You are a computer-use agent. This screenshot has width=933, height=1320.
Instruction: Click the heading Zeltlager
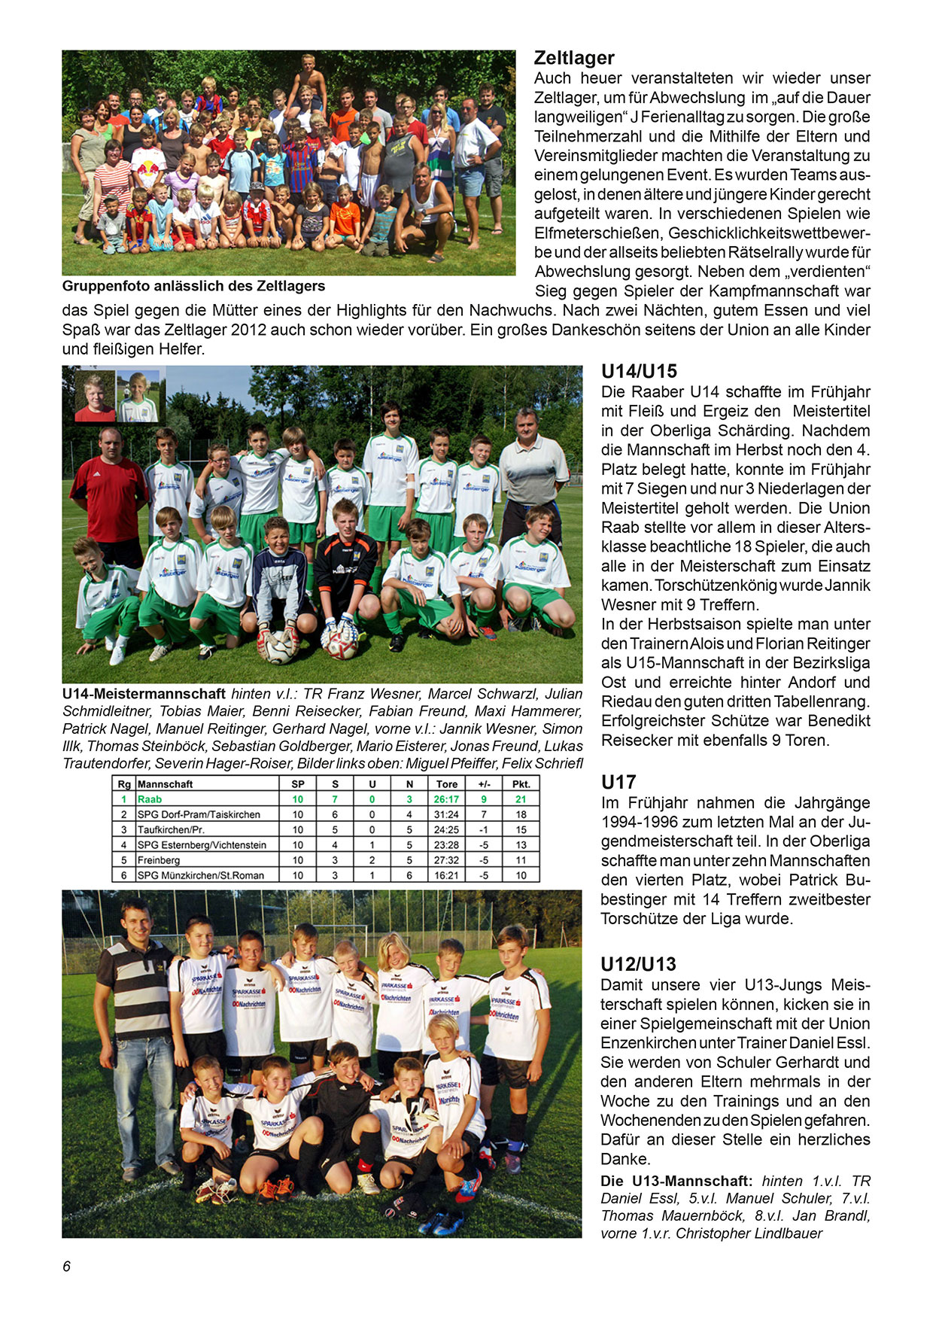point(574,58)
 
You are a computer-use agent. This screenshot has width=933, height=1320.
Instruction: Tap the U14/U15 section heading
point(639,371)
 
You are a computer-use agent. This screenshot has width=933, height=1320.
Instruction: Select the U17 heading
point(618,782)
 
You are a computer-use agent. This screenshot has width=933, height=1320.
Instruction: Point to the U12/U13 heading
point(638,964)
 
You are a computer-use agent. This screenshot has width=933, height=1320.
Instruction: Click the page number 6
point(67,1267)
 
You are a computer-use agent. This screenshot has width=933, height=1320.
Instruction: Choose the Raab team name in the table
point(150,799)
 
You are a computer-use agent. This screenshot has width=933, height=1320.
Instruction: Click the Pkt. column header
point(521,784)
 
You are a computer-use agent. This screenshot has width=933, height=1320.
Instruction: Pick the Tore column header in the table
point(446,784)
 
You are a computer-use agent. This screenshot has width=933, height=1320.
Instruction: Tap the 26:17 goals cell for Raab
point(446,799)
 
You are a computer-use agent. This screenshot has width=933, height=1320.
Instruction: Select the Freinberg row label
point(159,860)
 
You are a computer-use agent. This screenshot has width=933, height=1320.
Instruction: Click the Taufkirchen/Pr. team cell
point(171,829)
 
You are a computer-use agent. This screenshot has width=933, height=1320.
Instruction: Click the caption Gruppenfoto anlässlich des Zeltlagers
point(193,286)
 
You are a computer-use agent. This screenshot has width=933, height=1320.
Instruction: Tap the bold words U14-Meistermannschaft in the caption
point(144,694)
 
